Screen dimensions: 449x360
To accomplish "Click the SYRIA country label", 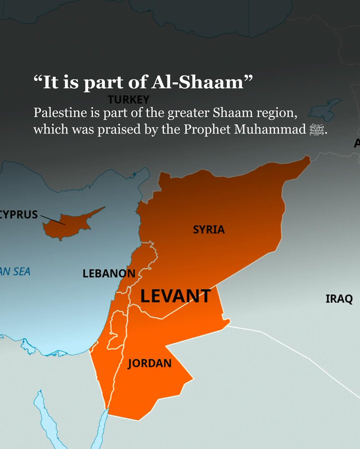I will pyautogui.click(x=209, y=229).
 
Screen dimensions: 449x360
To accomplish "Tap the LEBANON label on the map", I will pyautogui.click(x=109, y=274).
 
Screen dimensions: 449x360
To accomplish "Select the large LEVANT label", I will pyautogui.click(x=175, y=296).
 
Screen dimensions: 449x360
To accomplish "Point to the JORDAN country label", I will pyautogui.click(x=150, y=363).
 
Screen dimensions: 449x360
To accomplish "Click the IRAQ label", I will pyautogui.click(x=339, y=299).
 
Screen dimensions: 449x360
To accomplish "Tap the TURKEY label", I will pyautogui.click(x=129, y=100).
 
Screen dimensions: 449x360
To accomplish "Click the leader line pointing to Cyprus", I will pyautogui.click(x=52, y=220).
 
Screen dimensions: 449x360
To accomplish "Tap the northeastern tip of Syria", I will pyautogui.click(x=307, y=158).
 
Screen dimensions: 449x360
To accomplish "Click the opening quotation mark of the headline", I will pyautogui.click(x=38, y=80).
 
